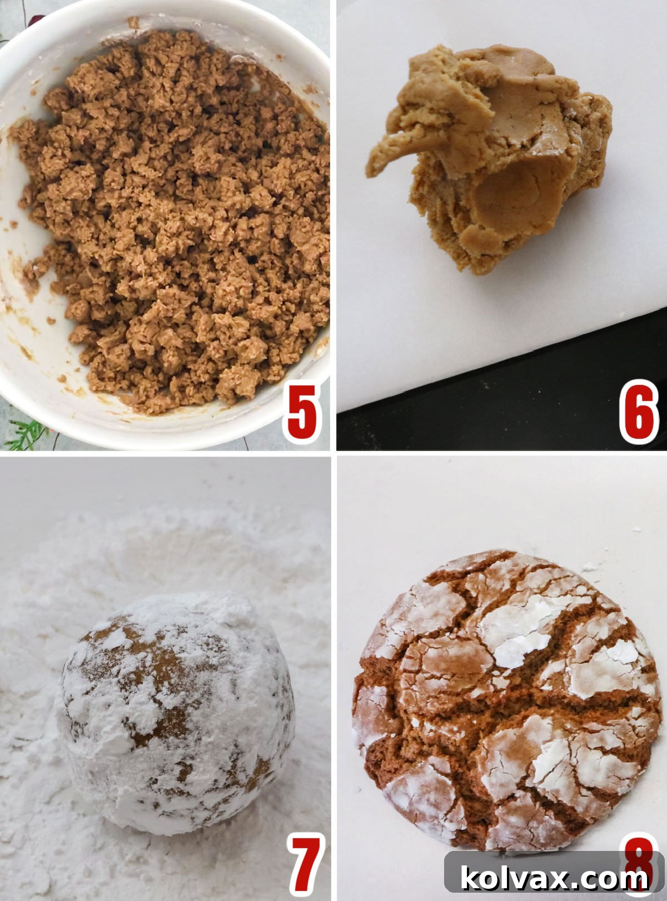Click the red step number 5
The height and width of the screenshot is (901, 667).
tap(302, 413)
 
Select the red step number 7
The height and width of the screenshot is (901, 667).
tap(305, 864)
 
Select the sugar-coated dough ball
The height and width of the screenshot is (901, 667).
tap(175, 712)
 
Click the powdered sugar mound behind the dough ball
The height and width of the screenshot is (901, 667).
tap(167, 534)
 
